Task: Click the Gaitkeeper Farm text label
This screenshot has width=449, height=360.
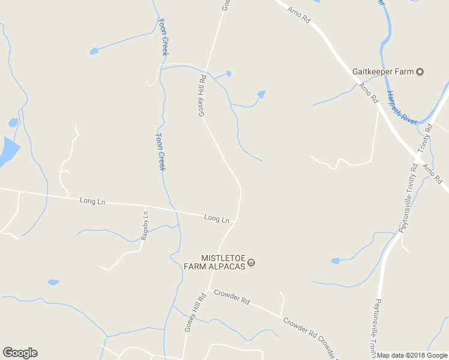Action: point(384,72)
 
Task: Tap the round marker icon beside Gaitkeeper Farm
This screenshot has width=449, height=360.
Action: point(420,72)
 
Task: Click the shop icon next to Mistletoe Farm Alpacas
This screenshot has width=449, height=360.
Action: point(252,262)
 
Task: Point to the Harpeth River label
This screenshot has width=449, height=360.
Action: point(402,108)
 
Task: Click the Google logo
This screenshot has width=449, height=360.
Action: point(20,353)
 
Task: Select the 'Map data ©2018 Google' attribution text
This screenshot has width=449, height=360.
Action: point(412,355)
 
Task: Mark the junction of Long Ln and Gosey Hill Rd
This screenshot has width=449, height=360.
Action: point(237,220)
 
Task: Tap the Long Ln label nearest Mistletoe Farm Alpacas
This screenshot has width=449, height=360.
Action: point(217,219)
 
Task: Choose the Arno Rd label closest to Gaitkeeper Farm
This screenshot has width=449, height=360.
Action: point(368,92)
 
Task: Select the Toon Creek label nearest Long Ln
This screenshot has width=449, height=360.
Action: point(160,151)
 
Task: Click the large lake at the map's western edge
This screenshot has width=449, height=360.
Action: point(8,151)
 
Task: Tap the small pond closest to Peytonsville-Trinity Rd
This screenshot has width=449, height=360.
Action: point(335,261)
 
